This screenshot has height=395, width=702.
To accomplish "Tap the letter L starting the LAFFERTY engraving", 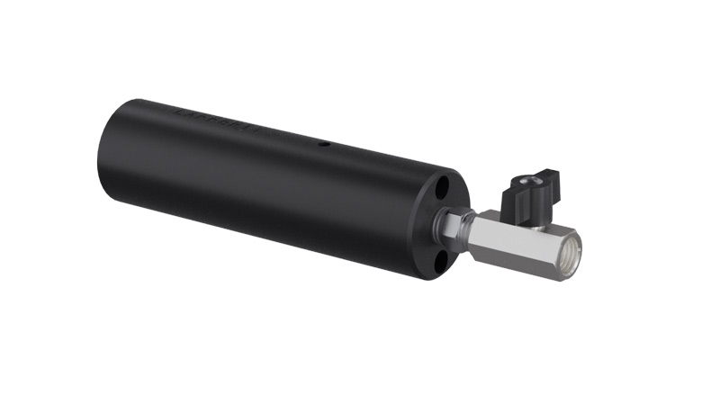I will [185, 114].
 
